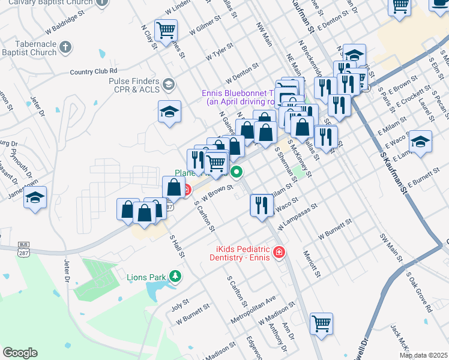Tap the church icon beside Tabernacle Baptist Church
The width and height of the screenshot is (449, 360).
coord(66,47)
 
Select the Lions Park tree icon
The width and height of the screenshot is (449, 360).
coord(175,276)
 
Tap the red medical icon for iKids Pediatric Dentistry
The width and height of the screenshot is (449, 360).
coord(279,253)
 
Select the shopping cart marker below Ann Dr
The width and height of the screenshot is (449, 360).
coord(322,323)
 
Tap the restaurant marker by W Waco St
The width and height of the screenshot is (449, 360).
coord(261,205)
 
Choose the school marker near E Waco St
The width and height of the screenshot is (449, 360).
coord(420,142)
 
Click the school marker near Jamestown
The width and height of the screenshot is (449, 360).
coord(35,197)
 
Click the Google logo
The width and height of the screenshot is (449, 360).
coord(20,353)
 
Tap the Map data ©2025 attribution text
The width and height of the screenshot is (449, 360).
coord(423,355)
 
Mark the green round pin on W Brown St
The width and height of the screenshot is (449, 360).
coord(237,173)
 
